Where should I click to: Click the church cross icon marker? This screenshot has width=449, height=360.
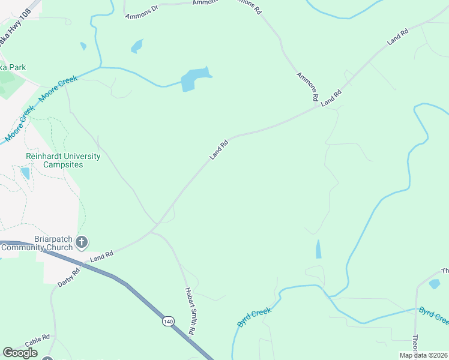(82, 242)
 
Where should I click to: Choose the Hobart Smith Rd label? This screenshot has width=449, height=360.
(190, 310)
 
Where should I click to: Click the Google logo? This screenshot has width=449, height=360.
(20, 353)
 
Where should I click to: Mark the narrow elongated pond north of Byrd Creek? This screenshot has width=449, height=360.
(318, 249)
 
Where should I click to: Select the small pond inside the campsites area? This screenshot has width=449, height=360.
(25, 173)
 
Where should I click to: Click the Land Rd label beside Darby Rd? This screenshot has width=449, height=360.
(101, 257)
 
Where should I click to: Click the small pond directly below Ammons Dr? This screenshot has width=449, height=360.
(137, 46)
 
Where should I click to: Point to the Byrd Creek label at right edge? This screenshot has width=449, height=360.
(433, 314)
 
